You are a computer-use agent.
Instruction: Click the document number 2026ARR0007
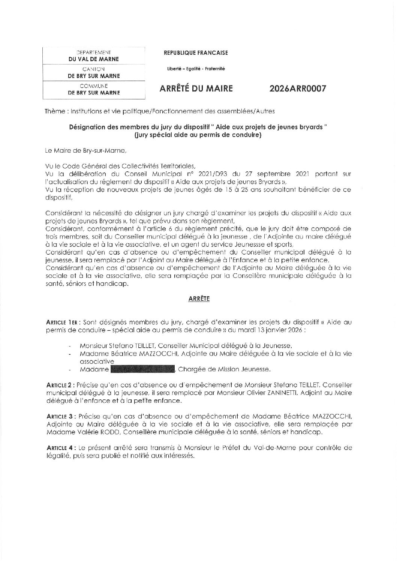[x=298, y=89]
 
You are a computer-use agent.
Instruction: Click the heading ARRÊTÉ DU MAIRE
[x=196, y=89]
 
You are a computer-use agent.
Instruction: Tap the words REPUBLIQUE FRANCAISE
[x=196, y=53]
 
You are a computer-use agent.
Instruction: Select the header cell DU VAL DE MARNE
[x=93, y=59]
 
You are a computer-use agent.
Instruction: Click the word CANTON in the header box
[x=94, y=69]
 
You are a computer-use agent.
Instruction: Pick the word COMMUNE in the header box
[x=94, y=86]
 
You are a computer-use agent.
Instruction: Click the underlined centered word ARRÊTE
[x=199, y=299]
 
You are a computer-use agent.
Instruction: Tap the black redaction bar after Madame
[x=143, y=369]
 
